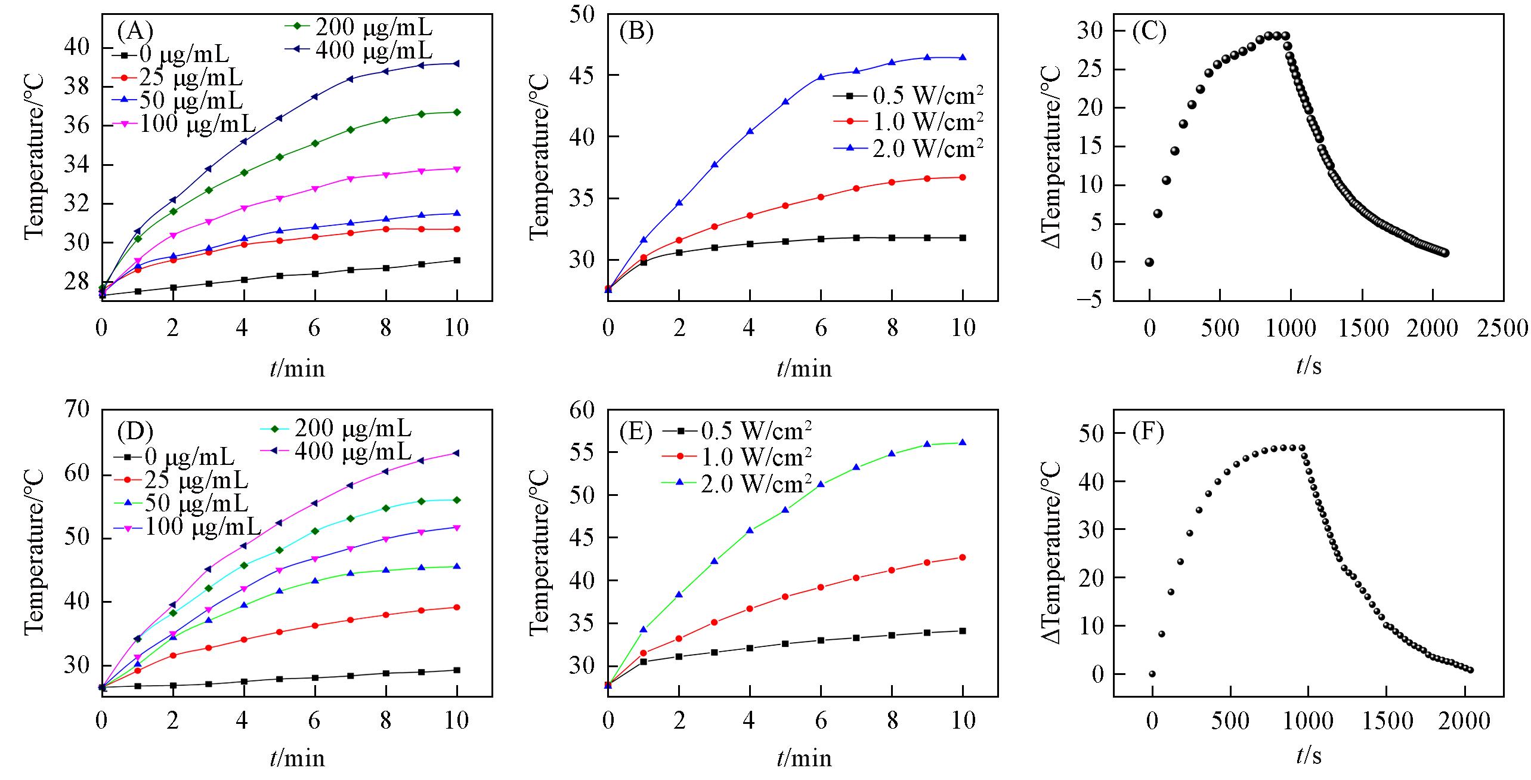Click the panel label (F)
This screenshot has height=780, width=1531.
coord(1148,431)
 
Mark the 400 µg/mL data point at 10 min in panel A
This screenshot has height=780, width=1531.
coord(457,63)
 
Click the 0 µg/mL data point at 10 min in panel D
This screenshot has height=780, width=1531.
coord(457,670)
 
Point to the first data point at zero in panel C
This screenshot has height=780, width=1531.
coord(1149,262)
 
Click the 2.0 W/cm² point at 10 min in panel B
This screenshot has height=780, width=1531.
coord(963,58)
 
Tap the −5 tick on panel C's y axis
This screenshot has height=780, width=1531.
coord(1094,300)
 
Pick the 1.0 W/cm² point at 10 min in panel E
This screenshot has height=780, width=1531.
coord(963,557)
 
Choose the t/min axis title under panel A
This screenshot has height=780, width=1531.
coord(297,368)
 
